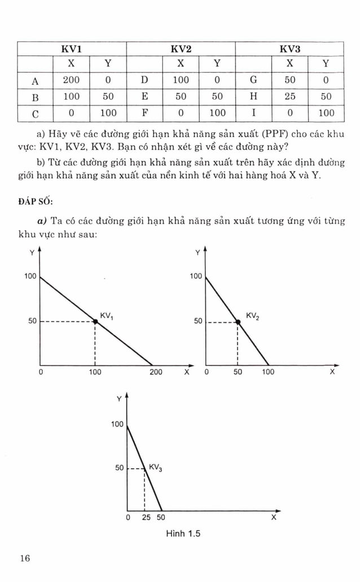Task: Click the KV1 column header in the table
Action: pyautogui.click(x=71, y=48)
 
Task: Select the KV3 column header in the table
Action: pyautogui.click(x=289, y=48)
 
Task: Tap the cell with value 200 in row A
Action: pyautogui.click(x=71, y=80)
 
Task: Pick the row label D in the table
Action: pyautogui.click(x=144, y=80)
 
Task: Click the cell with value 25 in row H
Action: pyautogui.click(x=289, y=96)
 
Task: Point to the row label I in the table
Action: pyautogui.click(x=253, y=113)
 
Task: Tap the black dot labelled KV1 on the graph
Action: pyautogui.click(x=95, y=321)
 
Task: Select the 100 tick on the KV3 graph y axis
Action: pyautogui.click(x=117, y=424)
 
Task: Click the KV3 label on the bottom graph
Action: pyautogui.click(x=155, y=468)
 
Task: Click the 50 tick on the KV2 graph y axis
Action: pyautogui.click(x=198, y=321)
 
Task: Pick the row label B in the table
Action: pyautogui.click(x=35, y=96)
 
